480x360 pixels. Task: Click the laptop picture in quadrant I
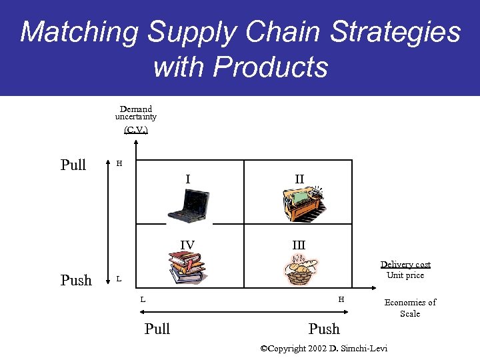[189, 205]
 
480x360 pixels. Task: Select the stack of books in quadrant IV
[188, 267]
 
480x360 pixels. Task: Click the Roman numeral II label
[299, 179]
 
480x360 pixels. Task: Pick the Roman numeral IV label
[187, 245]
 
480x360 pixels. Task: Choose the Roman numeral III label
[299, 245]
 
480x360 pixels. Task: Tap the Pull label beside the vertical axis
[73, 165]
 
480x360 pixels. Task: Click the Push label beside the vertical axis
[76, 280]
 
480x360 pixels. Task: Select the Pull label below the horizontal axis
[157, 329]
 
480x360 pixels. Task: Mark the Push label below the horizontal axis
[324, 329]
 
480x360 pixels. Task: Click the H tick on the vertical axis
[119, 163]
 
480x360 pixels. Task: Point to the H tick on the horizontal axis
[341, 299]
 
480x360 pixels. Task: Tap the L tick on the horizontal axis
[143, 299]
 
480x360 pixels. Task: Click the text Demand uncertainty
[136, 113]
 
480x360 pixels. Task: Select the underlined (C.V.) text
[136, 129]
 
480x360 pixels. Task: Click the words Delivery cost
[405, 265]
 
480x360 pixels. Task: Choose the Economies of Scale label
[410, 307]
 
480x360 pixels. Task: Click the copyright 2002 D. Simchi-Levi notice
[323, 348]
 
